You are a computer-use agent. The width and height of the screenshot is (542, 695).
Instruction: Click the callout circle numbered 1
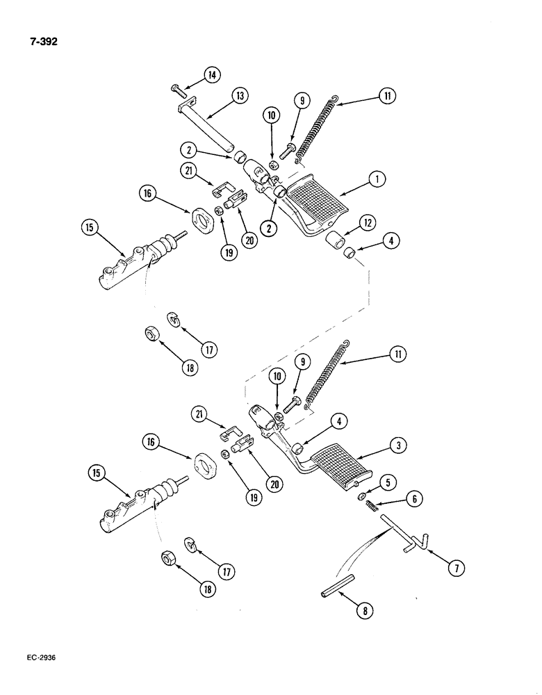pos(378,179)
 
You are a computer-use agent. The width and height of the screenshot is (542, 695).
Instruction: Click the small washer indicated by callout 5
pos(363,496)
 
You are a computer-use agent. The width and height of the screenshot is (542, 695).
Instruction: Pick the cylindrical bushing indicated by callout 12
pos(338,243)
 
